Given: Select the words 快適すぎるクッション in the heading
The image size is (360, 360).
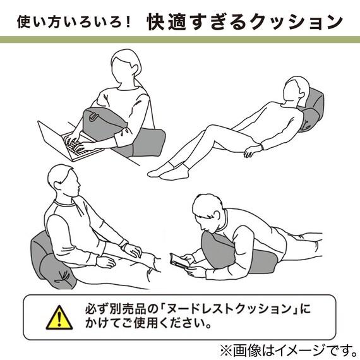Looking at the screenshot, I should [x=244, y=22].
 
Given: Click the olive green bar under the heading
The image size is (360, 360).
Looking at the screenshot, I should [x=180, y=39].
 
